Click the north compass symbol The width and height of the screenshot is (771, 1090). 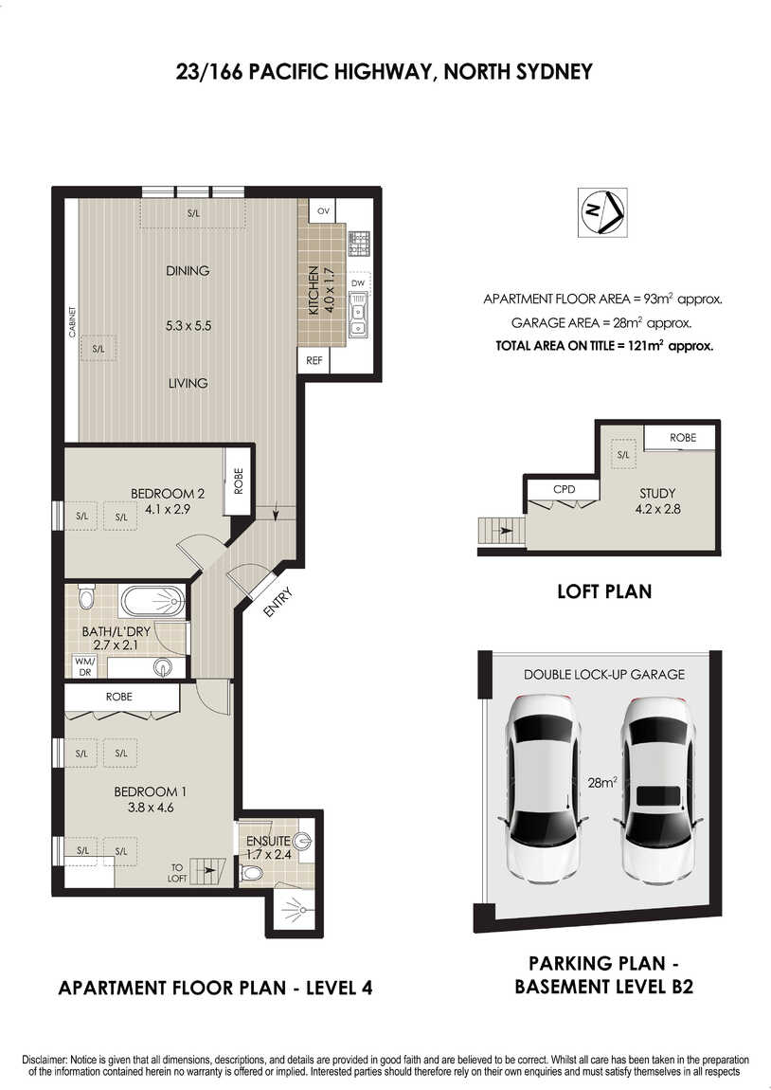click(602, 212)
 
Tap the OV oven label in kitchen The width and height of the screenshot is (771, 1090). click(323, 210)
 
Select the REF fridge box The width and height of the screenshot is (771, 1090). click(314, 360)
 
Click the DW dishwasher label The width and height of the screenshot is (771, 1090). click(358, 283)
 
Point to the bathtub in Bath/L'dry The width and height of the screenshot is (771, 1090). click(152, 601)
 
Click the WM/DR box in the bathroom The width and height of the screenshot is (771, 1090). click(84, 666)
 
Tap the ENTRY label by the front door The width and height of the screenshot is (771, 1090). click(278, 602)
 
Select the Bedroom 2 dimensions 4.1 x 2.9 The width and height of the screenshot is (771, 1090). click(168, 509)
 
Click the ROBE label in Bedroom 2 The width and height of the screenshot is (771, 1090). click(239, 481)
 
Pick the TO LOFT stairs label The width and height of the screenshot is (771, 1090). click(177, 873)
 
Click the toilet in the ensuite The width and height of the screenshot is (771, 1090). click(251, 873)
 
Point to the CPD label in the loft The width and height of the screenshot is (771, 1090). click(564, 489)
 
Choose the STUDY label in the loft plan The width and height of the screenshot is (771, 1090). click(657, 493)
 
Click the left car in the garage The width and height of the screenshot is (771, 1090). click(543, 789)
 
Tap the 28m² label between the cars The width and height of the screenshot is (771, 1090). click(602, 782)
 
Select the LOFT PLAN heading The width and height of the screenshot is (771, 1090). click(604, 591)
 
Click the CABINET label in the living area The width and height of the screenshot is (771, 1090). click(72, 322)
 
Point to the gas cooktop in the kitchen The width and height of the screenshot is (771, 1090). click(358, 243)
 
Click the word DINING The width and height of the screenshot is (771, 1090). click(188, 270)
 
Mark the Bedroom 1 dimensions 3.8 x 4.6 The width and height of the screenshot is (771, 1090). click(150, 808)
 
